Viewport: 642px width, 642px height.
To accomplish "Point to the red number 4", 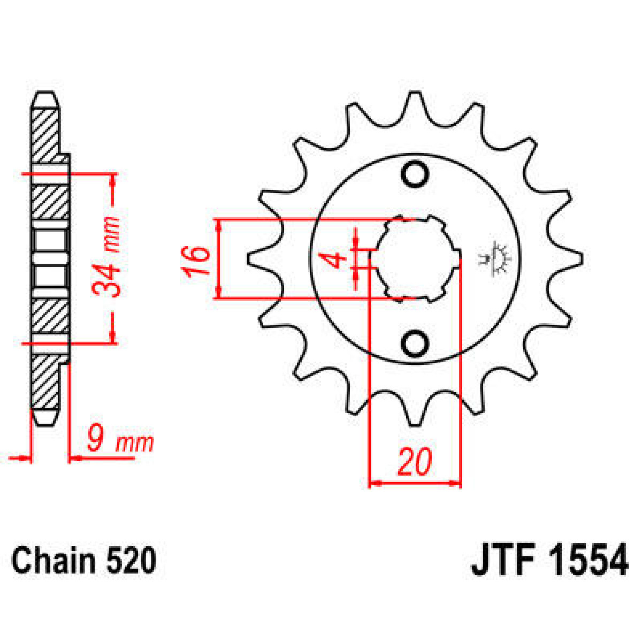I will [337, 261].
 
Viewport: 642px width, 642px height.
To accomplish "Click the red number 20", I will [414, 463].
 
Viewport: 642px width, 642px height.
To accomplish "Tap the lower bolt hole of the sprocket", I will [415, 344].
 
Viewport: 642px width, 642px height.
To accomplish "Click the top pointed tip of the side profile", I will [45, 96].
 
